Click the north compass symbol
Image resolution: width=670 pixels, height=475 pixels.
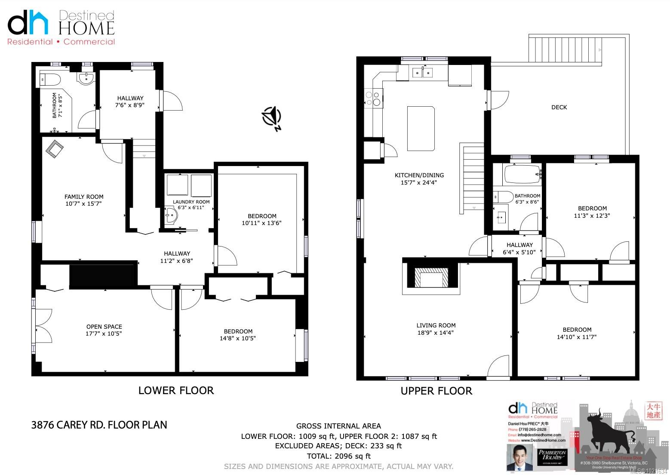272,117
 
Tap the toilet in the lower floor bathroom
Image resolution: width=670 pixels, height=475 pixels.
46,79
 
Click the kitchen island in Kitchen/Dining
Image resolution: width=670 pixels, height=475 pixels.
421,129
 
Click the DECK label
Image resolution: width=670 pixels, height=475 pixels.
559,107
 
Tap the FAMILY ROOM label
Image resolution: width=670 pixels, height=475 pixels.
84,197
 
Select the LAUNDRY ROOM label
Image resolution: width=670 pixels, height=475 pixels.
191,202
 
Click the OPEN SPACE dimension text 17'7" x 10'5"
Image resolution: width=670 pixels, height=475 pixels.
104,333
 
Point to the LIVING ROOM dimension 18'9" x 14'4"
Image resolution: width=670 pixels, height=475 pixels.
436,333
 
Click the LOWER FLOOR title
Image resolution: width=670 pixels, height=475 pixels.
176,390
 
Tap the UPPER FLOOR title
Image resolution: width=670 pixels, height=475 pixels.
436,391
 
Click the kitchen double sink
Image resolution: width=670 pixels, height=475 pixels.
422,73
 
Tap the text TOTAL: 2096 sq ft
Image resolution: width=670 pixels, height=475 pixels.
338,456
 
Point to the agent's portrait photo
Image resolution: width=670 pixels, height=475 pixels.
519,458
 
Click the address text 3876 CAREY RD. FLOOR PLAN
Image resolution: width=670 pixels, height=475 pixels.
99,425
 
